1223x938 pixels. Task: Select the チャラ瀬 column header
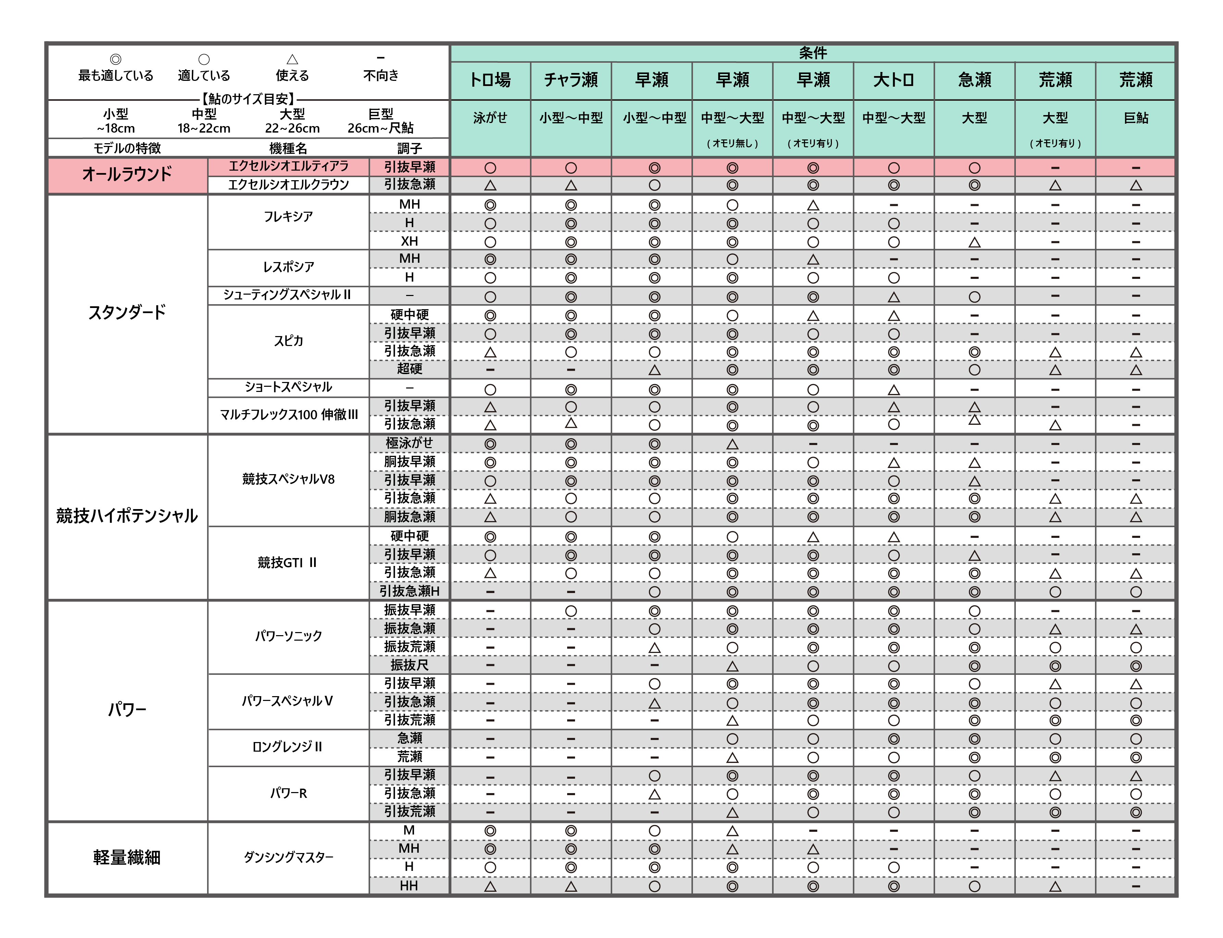(571, 80)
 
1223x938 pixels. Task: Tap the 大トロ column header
(893, 80)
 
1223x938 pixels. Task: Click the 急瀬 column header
(974, 80)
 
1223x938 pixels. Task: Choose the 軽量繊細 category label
(127, 857)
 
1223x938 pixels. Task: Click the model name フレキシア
(288, 217)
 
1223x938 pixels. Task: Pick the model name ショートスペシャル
(288, 387)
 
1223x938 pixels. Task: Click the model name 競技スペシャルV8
(288, 479)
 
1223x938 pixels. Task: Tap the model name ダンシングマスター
(288, 857)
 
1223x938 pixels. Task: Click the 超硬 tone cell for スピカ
(409, 369)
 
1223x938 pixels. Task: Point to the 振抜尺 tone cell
(409, 665)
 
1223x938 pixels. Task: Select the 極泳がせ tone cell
(409, 443)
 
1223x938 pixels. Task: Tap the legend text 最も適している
(115, 75)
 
